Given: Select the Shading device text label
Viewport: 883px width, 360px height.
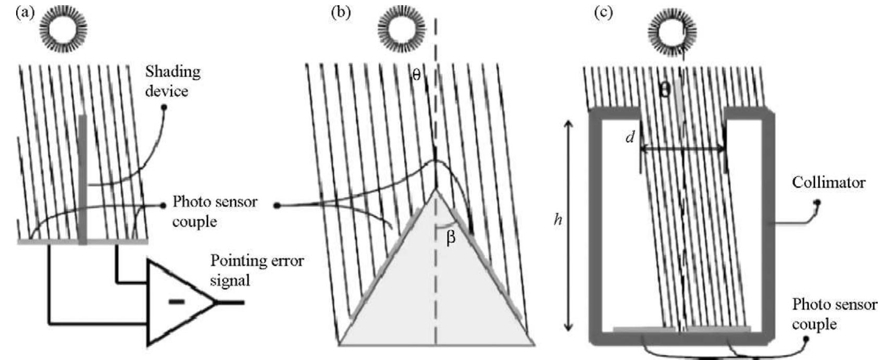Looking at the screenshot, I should pos(173,81).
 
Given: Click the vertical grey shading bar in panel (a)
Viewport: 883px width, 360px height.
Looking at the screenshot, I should pos(82,180).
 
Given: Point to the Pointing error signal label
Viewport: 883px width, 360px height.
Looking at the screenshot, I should pos(256,270).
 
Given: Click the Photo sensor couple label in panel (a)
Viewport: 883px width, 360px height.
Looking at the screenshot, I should pos(215,211).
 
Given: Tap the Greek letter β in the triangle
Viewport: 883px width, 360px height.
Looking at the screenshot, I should pos(451,238).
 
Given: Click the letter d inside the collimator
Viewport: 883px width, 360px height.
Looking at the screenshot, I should pos(630,138).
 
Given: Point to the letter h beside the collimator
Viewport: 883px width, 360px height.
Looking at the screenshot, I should pos(558,220).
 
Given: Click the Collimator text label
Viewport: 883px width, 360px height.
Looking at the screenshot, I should pos(828,182).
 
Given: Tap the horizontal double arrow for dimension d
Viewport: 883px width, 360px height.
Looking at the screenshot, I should pos(682,149).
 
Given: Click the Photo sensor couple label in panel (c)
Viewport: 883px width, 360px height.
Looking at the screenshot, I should pos(834,314).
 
